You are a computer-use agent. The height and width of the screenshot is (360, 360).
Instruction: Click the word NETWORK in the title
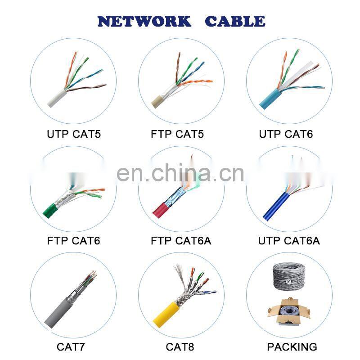pos(144,21)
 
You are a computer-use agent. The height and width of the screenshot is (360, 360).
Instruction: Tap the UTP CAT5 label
pos(74,134)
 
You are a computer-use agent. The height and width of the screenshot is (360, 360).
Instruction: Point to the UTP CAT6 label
pos(286,134)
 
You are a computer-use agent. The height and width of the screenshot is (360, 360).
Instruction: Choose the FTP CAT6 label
pos(73,241)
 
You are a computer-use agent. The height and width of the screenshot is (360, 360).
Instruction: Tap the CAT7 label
pos(71,347)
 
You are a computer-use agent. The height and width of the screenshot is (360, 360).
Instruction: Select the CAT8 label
pos(180,347)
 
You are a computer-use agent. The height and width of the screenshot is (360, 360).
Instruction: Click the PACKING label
pos(292,347)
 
